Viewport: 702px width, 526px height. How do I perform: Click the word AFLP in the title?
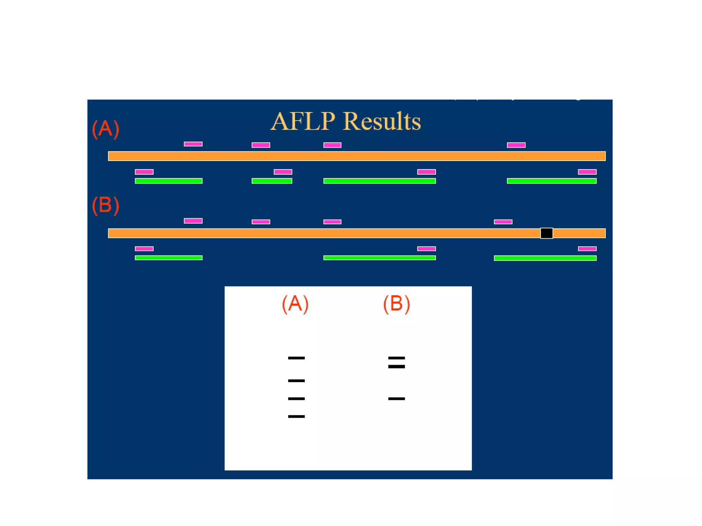pyautogui.click(x=303, y=122)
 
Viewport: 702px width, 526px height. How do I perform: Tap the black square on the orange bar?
pyautogui.click(x=546, y=233)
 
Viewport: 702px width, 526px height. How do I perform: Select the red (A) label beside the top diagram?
pyautogui.click(x=106, y=129)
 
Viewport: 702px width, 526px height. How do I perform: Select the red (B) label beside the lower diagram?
pyautogui.click(x=106, y=205)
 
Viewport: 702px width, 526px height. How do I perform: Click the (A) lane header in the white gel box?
pyautogui.click(x=295, y=304)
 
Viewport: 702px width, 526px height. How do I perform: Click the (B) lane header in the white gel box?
pyautogui.click(x=396, y=304)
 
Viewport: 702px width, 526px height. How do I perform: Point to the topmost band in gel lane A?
pyautogui.click(x=296, y=358)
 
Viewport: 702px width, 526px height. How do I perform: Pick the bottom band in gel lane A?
pyautogui.click(x=296, y=416)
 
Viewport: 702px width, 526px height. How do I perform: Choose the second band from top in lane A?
pyautogui.click(x=296, y=380)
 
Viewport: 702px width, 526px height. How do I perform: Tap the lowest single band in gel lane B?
pyautogui.click(x=397, y=399)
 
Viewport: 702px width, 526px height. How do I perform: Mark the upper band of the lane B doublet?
pyautogui.click(x=397, y=358)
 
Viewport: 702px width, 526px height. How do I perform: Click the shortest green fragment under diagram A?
pyautogui.click(x=272, y=181)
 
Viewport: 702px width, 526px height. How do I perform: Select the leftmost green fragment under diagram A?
pyautogui.click(x=169, y=181)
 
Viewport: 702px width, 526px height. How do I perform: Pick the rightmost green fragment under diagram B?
pyautogui.click(x=545, y=258)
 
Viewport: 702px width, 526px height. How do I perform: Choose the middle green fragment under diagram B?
pyautogui.click(x=379, y=258)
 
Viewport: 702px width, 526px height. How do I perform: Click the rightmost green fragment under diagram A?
pyautogui.click(x=552, y=181)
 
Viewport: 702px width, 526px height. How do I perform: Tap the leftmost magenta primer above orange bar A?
pyautogui.click(x=193, y=144)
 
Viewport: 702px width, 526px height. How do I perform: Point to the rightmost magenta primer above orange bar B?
pyautogui.click(x=503, y=222)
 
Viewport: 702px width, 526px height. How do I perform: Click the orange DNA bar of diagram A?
pyautogui.click(x=356, y=156)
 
